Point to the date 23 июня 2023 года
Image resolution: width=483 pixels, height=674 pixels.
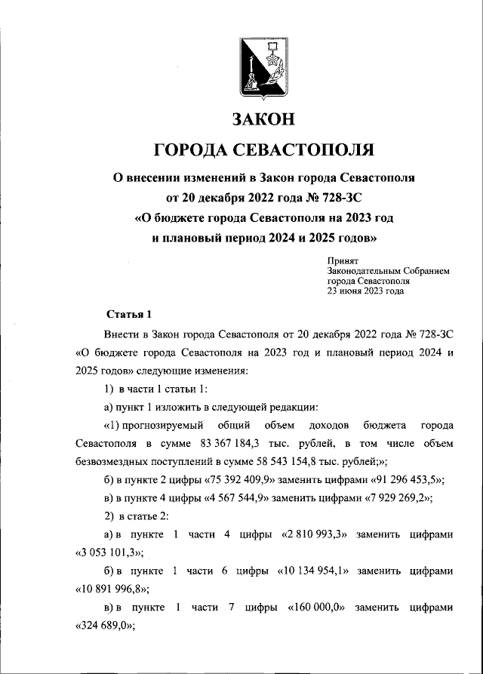(365, 290)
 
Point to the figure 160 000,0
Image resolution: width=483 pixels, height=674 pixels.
(310, 608)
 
